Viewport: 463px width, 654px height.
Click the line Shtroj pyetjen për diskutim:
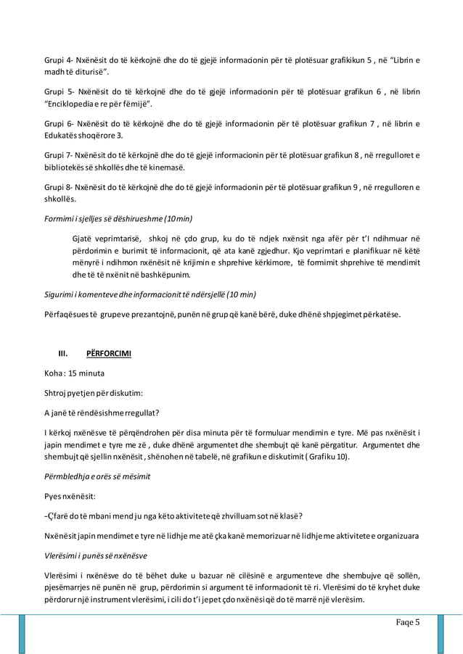point(94,394)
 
